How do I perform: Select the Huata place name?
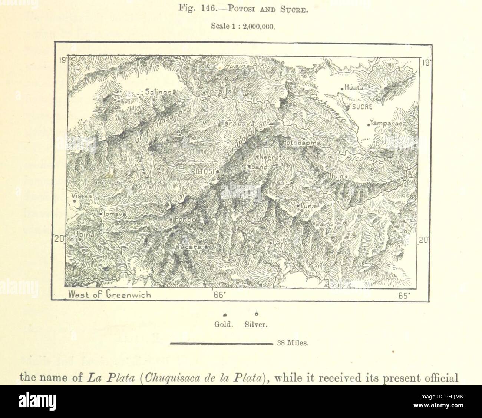(354, 88)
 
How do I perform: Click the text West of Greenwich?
(109, 295)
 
